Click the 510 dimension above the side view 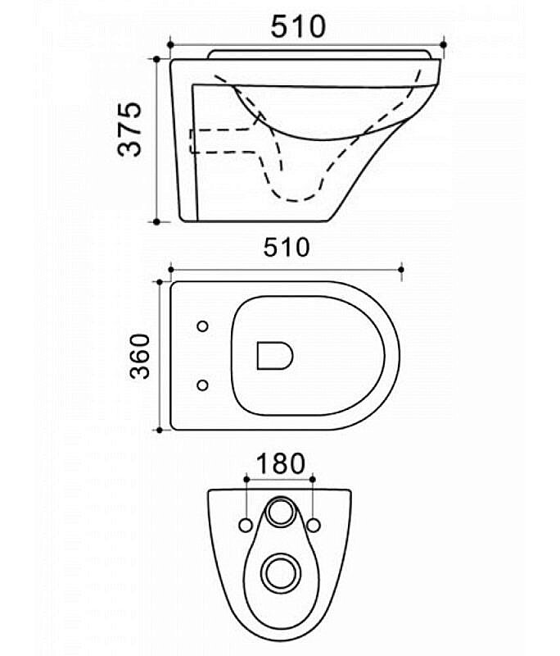298,26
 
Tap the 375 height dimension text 130,129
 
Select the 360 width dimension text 139,356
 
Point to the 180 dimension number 281,463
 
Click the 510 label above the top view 287,248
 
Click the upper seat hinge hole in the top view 202,326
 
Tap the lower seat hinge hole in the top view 202,385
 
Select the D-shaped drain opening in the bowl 274,356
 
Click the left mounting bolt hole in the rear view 246,526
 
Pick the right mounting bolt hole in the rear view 314,526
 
